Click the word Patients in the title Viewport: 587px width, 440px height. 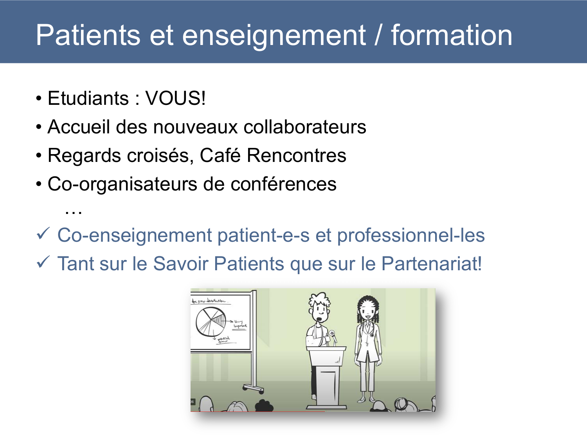coord(88,35)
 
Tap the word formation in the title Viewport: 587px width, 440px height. coord(452,35)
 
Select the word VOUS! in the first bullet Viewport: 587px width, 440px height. coord(175,98)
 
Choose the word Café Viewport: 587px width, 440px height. coord(220,155)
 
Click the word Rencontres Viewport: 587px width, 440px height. coord(297,155)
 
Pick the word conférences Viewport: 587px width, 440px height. coord(283,184)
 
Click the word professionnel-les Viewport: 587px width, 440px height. coord(411,235)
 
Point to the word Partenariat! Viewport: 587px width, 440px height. coord(431,264)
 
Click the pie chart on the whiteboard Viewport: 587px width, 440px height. coord(211,321)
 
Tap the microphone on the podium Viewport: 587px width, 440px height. coord(332,335)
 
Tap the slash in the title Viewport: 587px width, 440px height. coord(378,35)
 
